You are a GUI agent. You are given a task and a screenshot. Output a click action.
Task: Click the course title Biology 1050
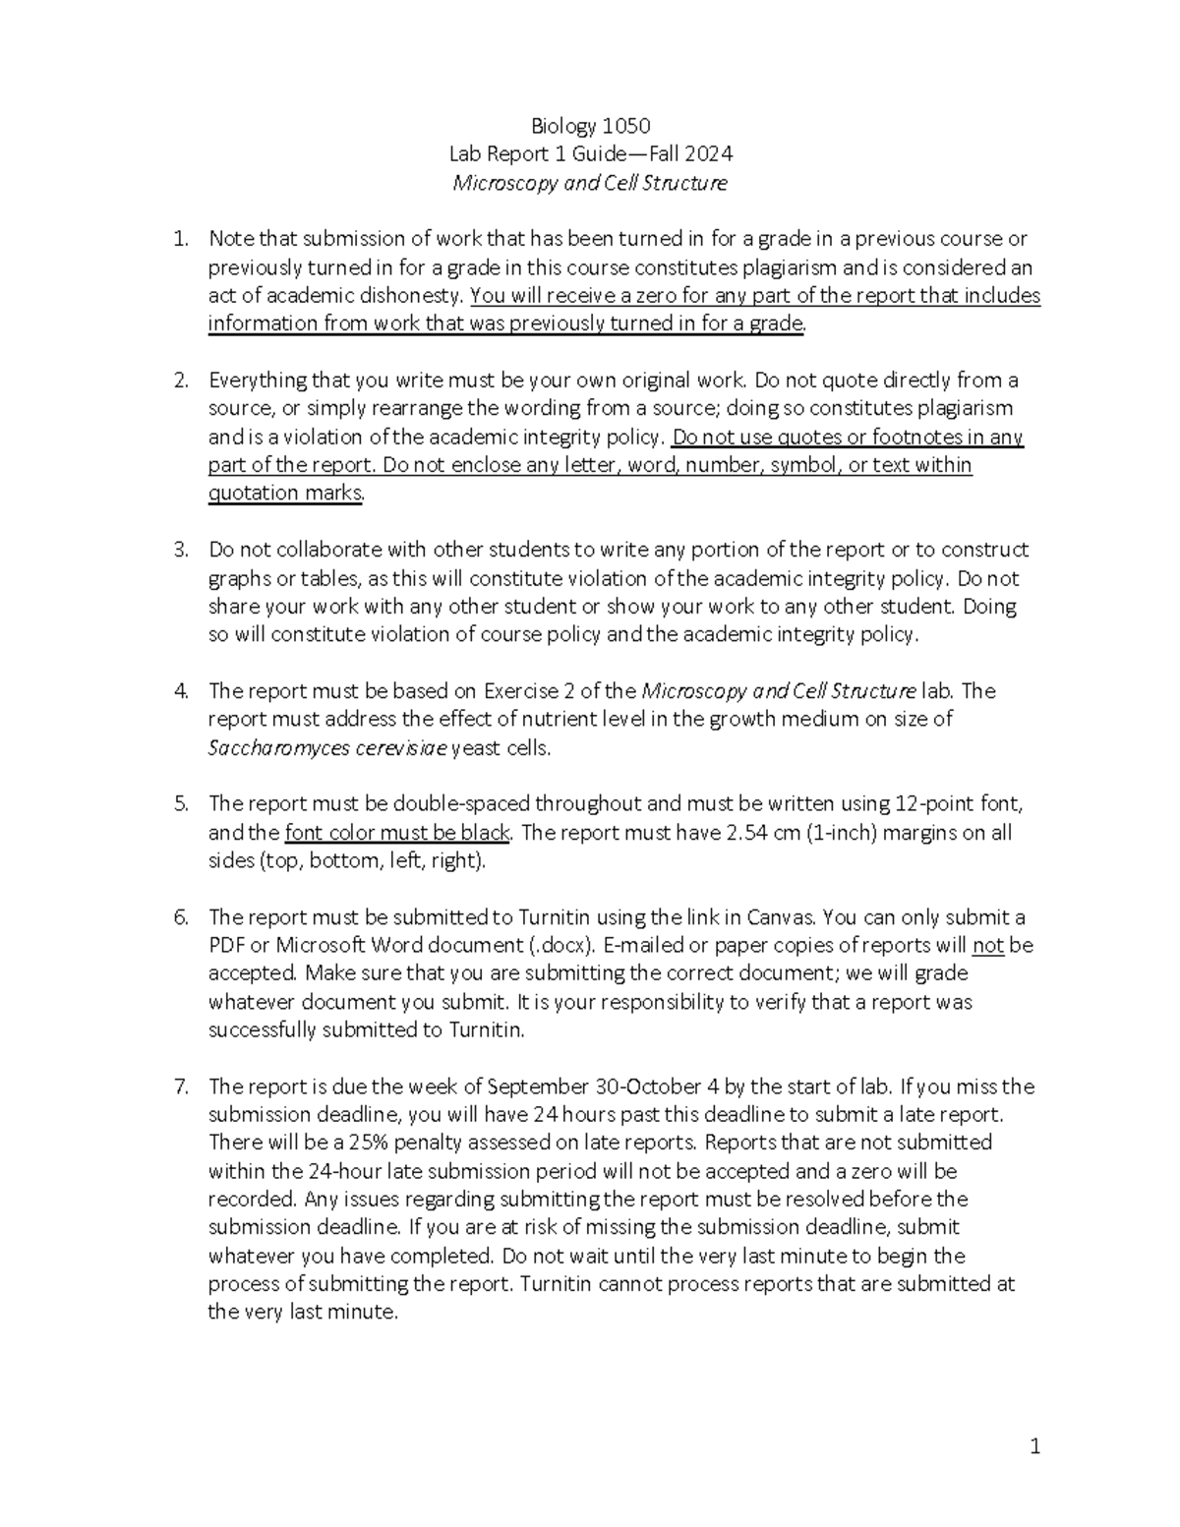point(590,126)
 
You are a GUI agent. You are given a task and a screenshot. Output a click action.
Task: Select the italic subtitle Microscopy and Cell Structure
point(590,183)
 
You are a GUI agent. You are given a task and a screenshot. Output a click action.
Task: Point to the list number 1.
point(180,239)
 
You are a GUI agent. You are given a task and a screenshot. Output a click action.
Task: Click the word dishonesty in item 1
point(413,296)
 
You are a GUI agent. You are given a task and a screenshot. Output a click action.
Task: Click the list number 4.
point(180,691)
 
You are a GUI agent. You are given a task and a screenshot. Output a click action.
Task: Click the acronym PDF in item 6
point(226,946)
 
